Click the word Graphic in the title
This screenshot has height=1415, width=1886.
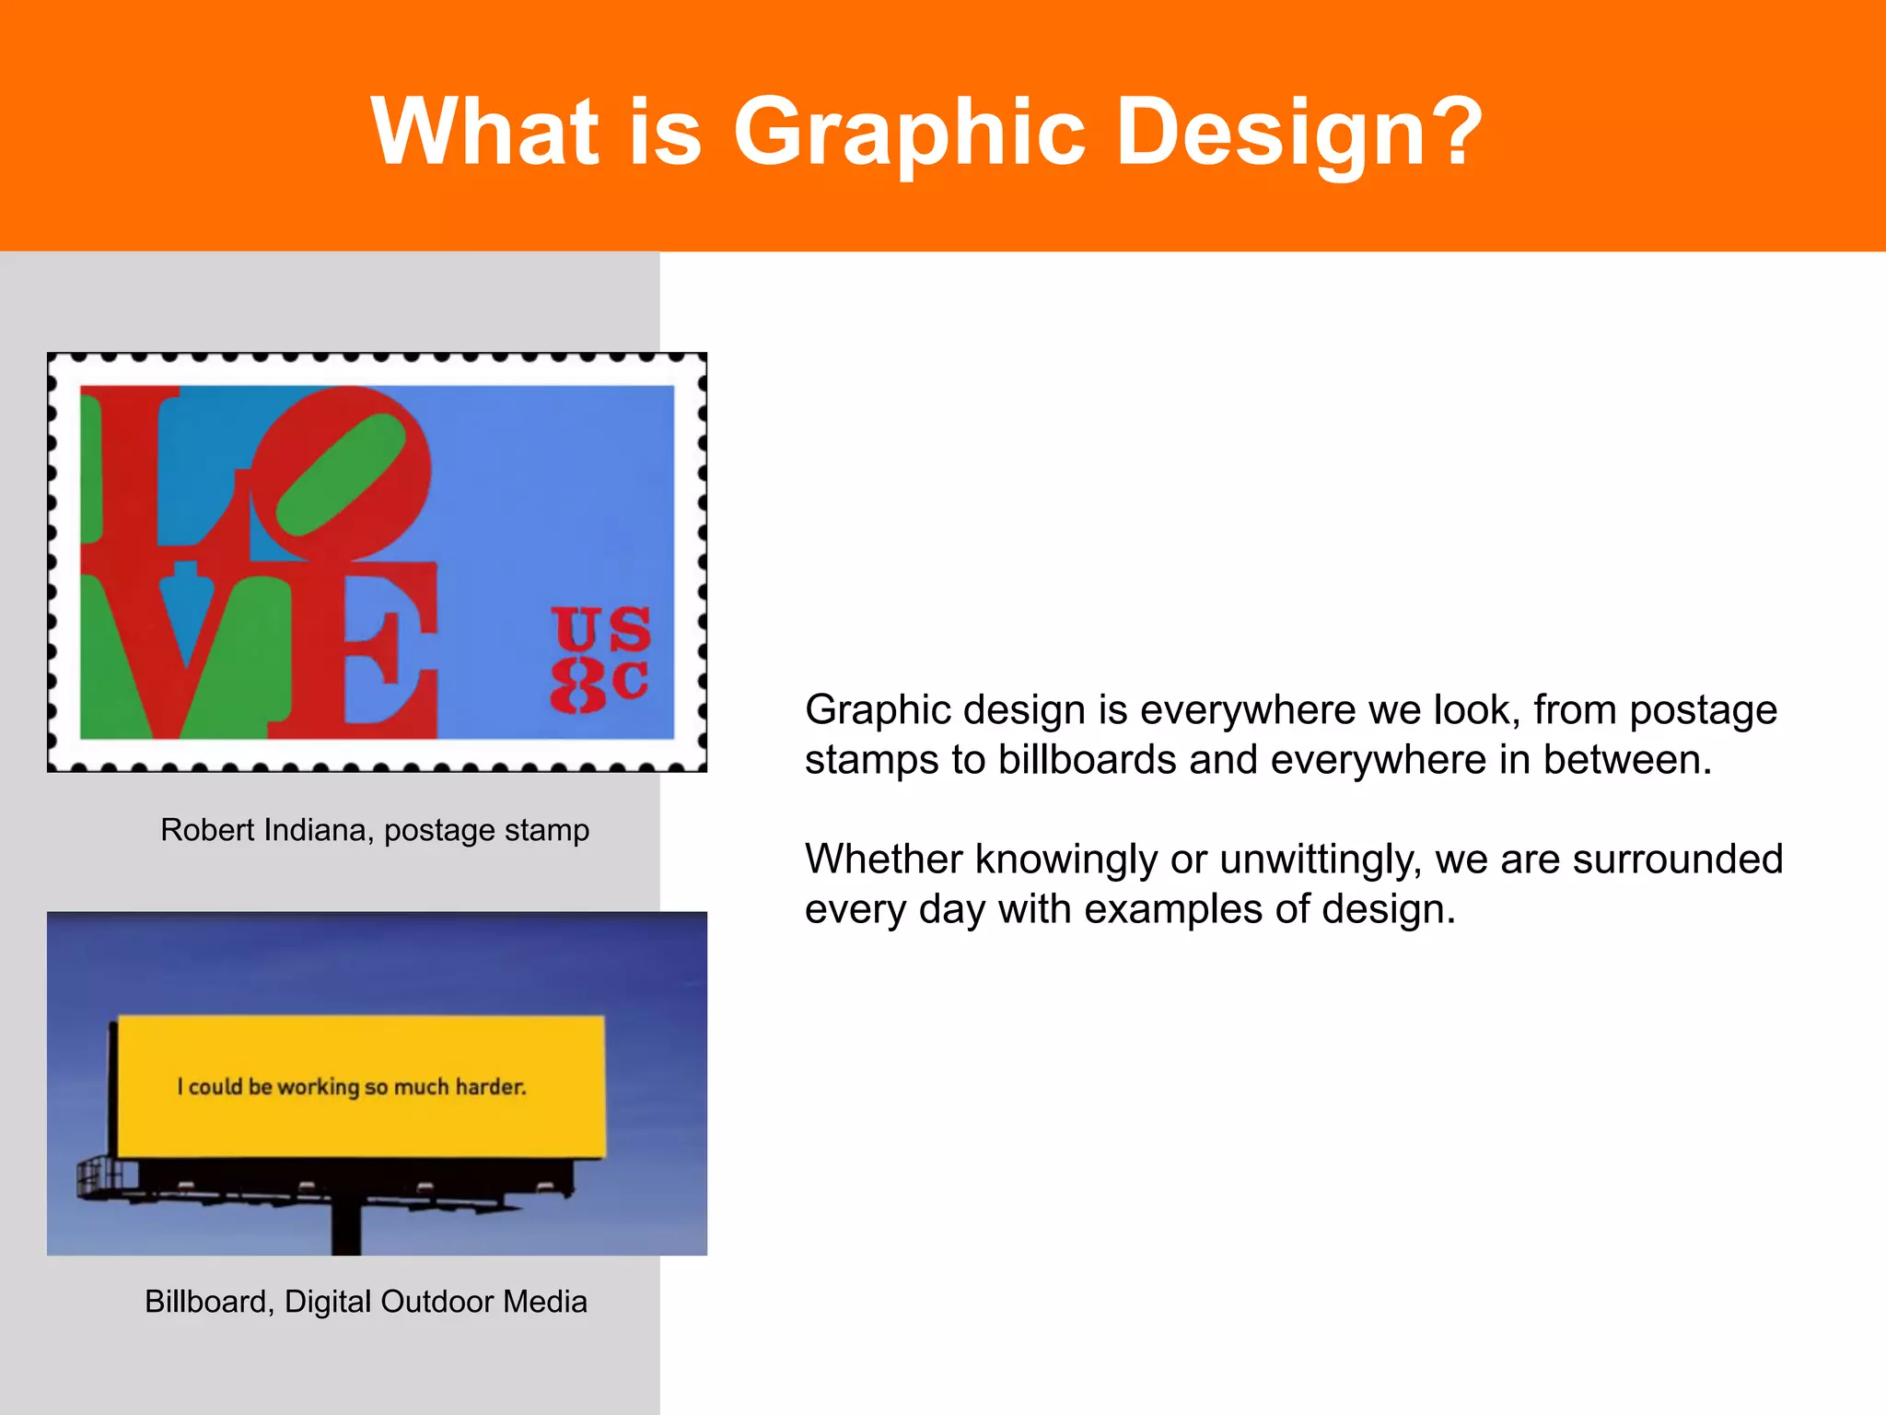(x=909, y=134)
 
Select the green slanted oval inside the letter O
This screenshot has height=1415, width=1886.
(x=341, y=474)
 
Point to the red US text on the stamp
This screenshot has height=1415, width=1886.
(x=602, y=629)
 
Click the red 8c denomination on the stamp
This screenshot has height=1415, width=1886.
(x=600, y=683)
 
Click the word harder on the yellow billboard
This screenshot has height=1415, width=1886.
(x=491, y=1087)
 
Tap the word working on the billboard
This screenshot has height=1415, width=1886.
(x=319, y=1087)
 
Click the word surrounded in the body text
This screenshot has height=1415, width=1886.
(x=1677, y=860)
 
